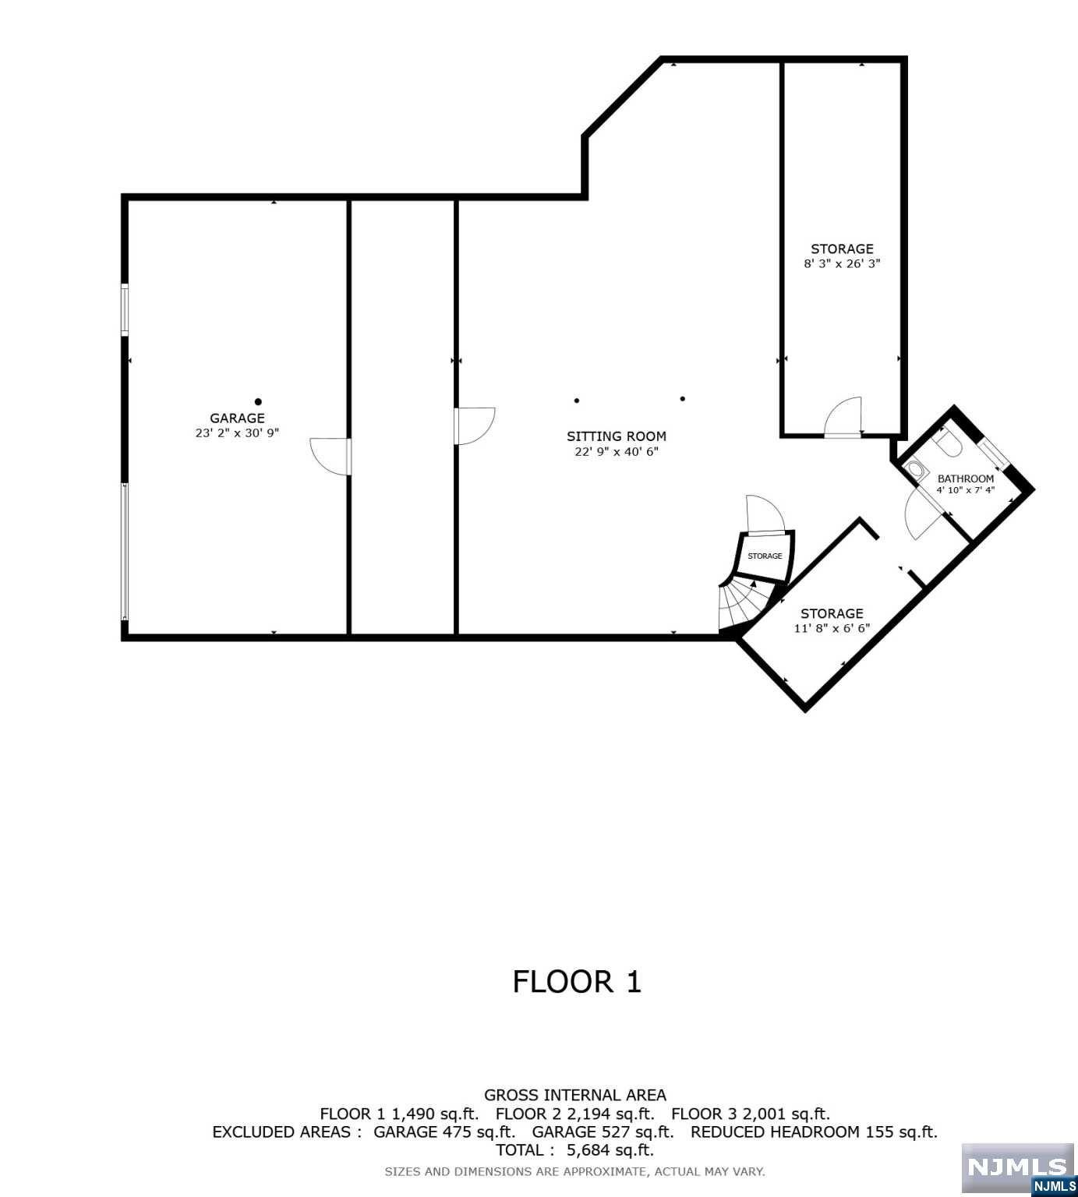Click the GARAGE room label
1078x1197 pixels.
point(237,418)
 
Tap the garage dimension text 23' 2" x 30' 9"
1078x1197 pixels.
point(237,433)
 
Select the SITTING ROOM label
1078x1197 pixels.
point(616,436)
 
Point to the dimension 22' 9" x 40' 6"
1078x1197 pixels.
point(616,451)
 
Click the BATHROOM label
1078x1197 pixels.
point(965,478)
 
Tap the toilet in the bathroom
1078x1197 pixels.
point(947,444)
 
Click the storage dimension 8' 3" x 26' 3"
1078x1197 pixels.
point(842,264)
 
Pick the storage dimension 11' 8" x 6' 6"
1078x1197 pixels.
point(832,628)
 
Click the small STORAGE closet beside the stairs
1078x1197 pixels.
point(765,556)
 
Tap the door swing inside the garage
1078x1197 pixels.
point(329,456)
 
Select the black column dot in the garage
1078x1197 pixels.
point(258,402)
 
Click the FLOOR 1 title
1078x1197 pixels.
point(577,982)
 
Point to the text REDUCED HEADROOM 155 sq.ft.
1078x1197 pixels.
point(814,1132)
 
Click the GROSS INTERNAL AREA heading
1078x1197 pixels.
point(575,1095)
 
